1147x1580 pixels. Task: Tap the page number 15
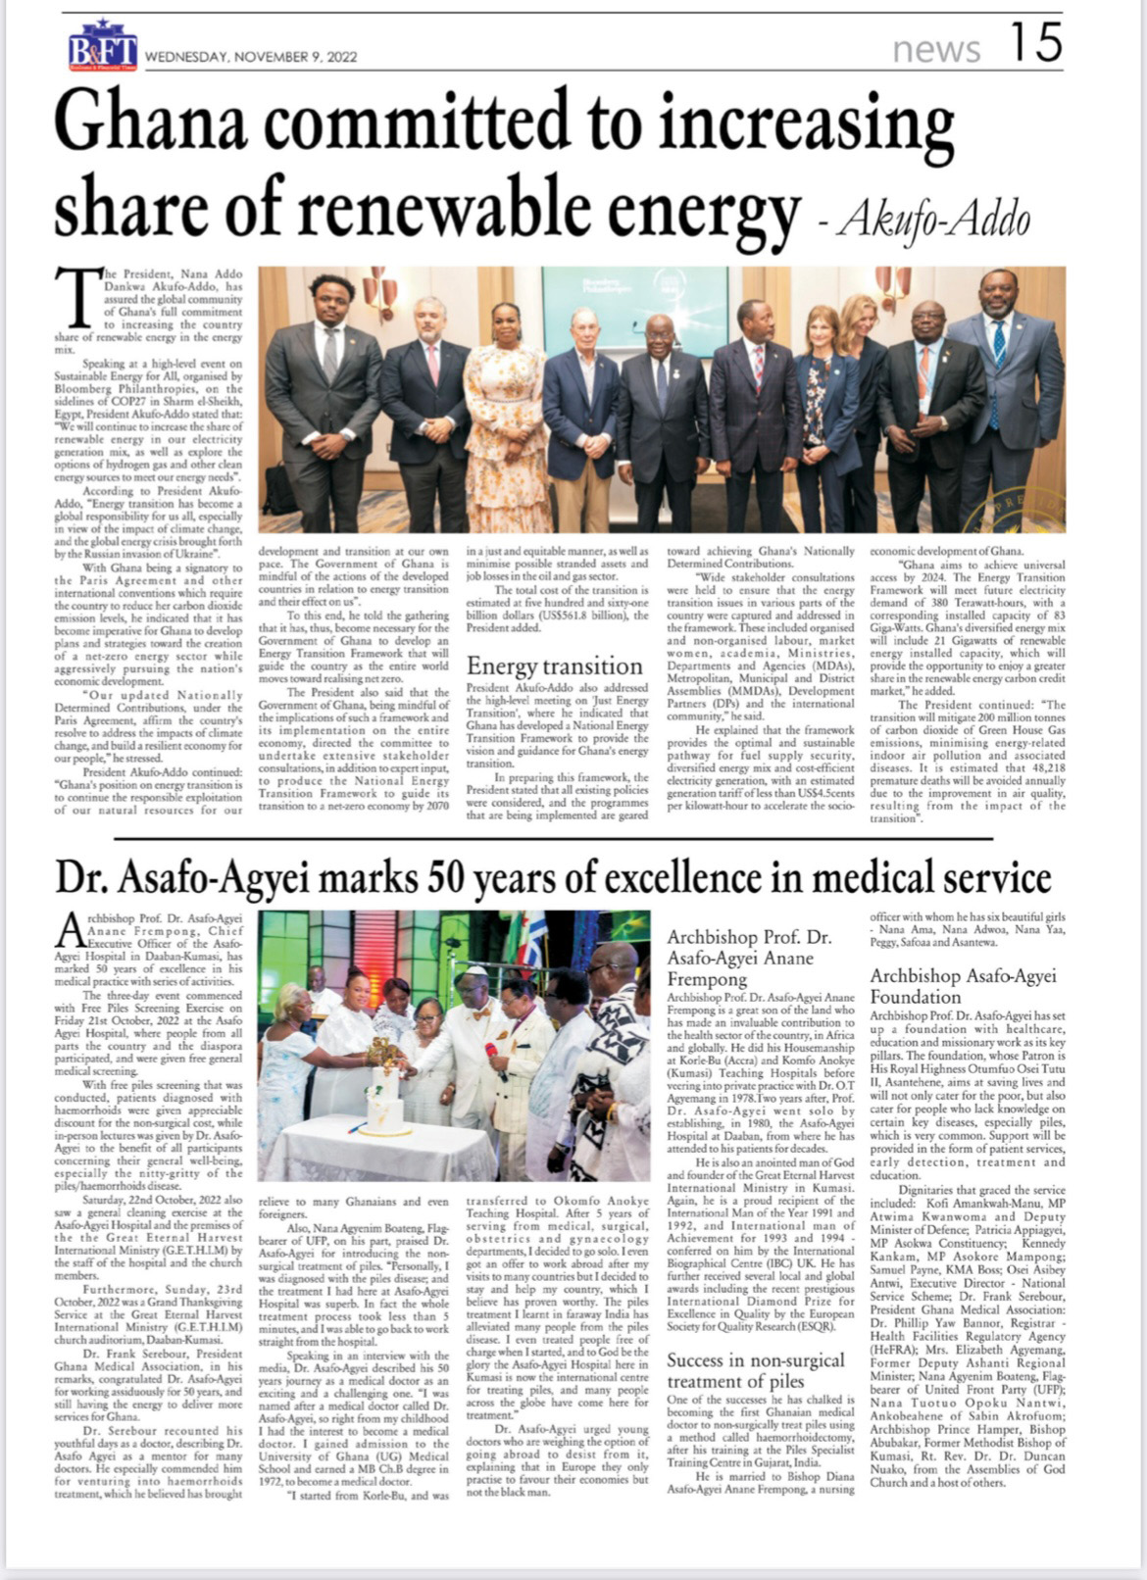click(x=1034, y=44)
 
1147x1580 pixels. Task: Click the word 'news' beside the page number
click(x=936, y=49)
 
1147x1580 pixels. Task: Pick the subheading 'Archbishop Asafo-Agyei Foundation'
click(x=963, y=986)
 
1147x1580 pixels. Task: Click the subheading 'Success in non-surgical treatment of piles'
click(x=755, y=1370)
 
